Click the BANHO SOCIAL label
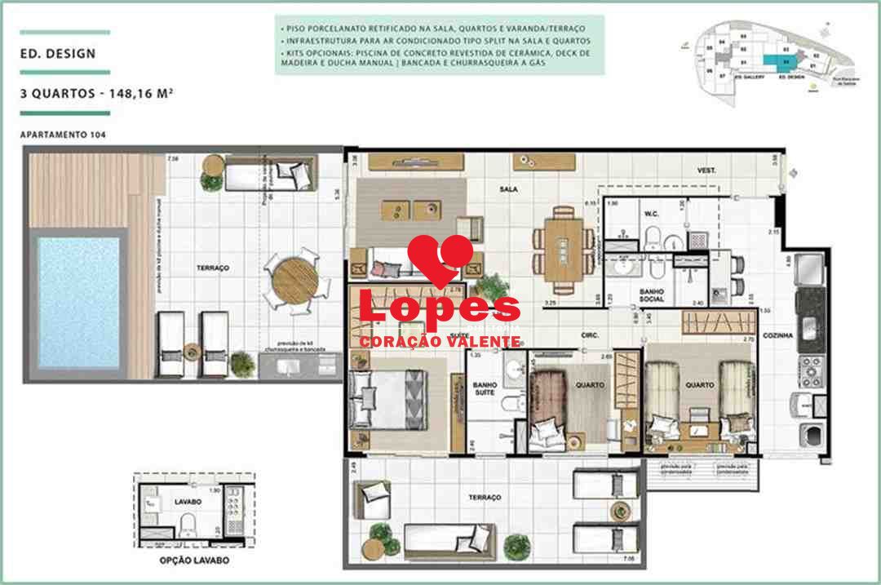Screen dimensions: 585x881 tap(651, 295)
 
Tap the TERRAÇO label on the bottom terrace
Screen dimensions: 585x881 tap(484, 497)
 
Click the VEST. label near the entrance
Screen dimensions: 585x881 tap(706, 170)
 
